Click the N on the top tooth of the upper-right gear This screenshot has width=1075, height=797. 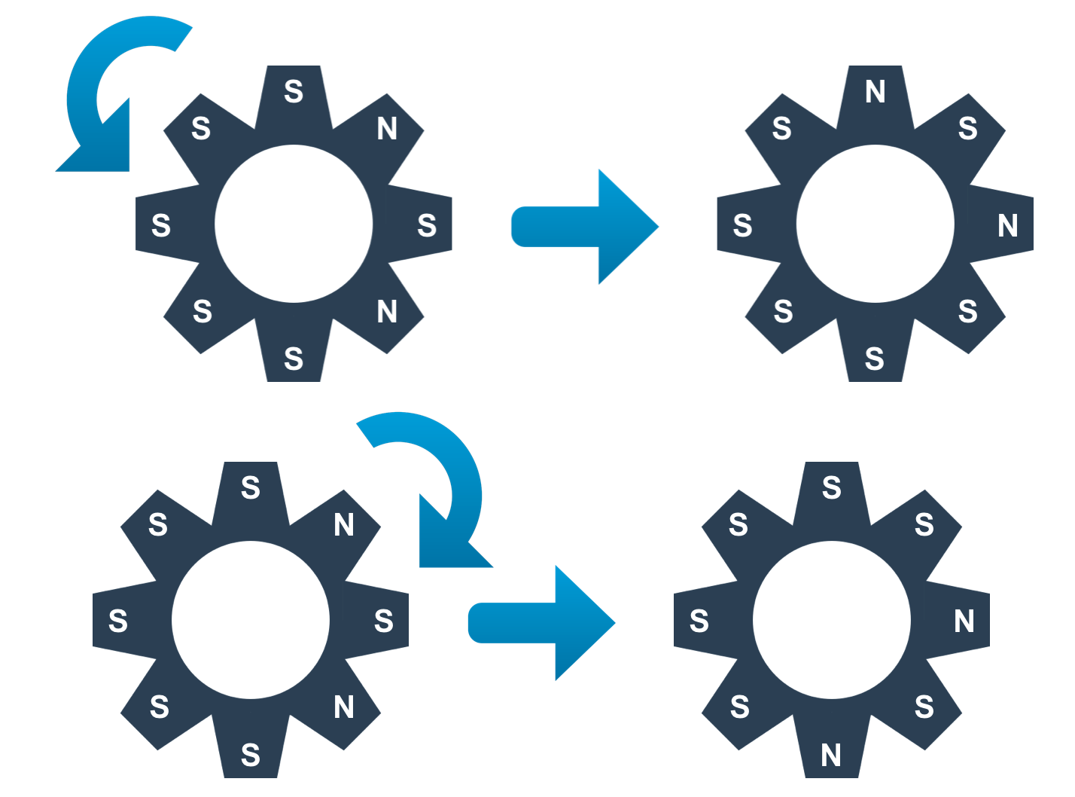[x=875, y=92]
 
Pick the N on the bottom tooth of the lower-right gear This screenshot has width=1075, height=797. [x=831, y=755]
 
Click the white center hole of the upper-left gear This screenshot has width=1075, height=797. [x=294, y=224]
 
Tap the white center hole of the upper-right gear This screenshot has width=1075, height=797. [x=875, y=224]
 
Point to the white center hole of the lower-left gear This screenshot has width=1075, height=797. [x=251, y=620]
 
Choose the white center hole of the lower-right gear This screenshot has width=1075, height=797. [x=831, y=620]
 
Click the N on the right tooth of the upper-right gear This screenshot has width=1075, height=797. [x=1008, y=225]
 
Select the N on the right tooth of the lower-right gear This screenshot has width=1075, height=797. [x=964, y=621]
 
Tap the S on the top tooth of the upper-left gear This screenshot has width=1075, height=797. [x=294, y=92]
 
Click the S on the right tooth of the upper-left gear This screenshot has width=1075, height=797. [x=427, y=225]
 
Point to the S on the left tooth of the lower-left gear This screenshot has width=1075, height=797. [x=118, y=621]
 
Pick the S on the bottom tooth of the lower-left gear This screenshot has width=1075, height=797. [x=251, y=755]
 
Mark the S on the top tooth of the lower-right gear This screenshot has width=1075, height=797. [x=831, y=488]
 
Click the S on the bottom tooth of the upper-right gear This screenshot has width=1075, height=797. [x=875, y=359]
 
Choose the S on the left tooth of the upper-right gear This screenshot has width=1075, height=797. [x=742, y=225]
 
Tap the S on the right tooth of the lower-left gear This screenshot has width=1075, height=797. [x=384, y=621]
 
